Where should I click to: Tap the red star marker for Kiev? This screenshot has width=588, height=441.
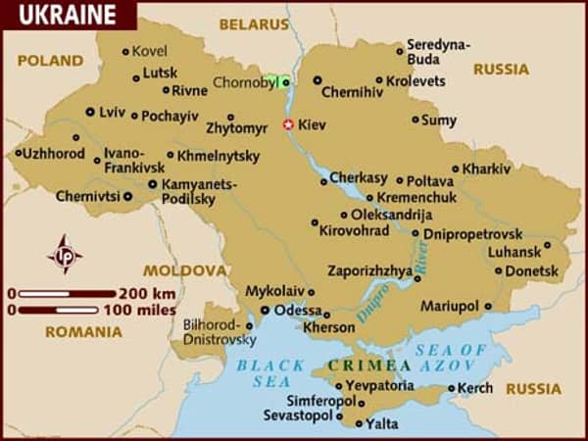(x=288, y=124)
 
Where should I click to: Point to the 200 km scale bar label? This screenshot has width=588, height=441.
(x=147, y=293)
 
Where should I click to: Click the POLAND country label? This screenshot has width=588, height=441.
(x=49, y=60)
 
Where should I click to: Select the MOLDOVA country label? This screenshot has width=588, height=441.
(x=184, y=269)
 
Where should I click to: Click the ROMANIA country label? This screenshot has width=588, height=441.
(x=83, y=331)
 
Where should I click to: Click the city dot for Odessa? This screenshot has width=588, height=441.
(x=265, y=310)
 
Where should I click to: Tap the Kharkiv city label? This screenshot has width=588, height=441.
(x=487, y=169)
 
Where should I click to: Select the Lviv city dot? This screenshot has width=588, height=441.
(x=90, y=112)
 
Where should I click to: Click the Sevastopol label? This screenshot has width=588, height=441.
(x=298, y=416)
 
